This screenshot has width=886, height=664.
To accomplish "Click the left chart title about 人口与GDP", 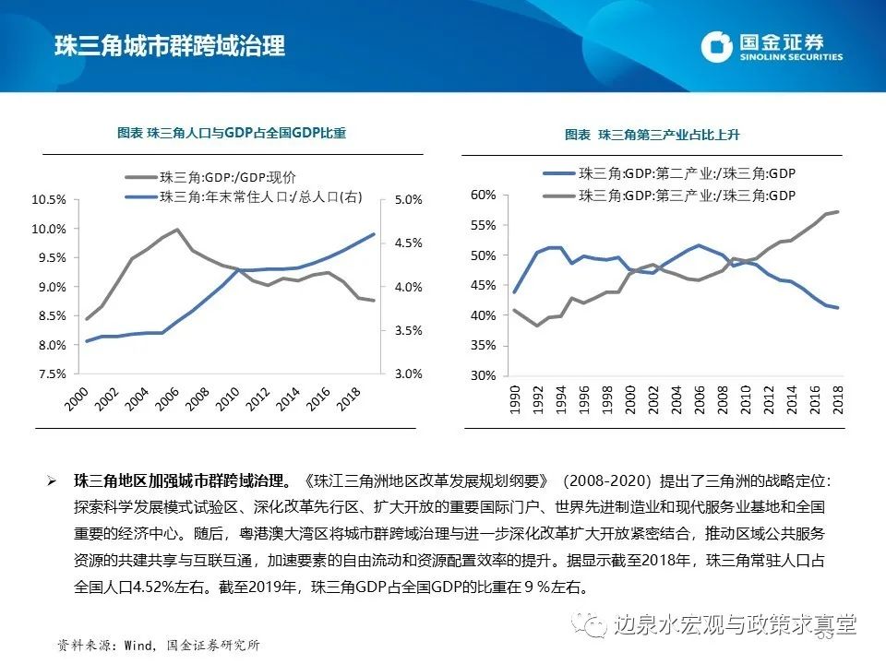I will pyautogui.click(x=231, y=133).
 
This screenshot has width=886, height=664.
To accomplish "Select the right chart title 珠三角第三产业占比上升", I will pyautogui.click(x=653, y=135).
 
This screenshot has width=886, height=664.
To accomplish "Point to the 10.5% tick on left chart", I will pyautogui.click(x=49, y=199).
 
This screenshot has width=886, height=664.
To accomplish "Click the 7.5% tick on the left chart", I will pyautogui.click(x=49, y=374).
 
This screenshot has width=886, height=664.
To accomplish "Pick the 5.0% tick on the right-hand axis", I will pyautogui.click(x=407, y=199).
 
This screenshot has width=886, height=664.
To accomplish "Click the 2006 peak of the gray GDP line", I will pyautogui.click(x=176, y=230).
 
